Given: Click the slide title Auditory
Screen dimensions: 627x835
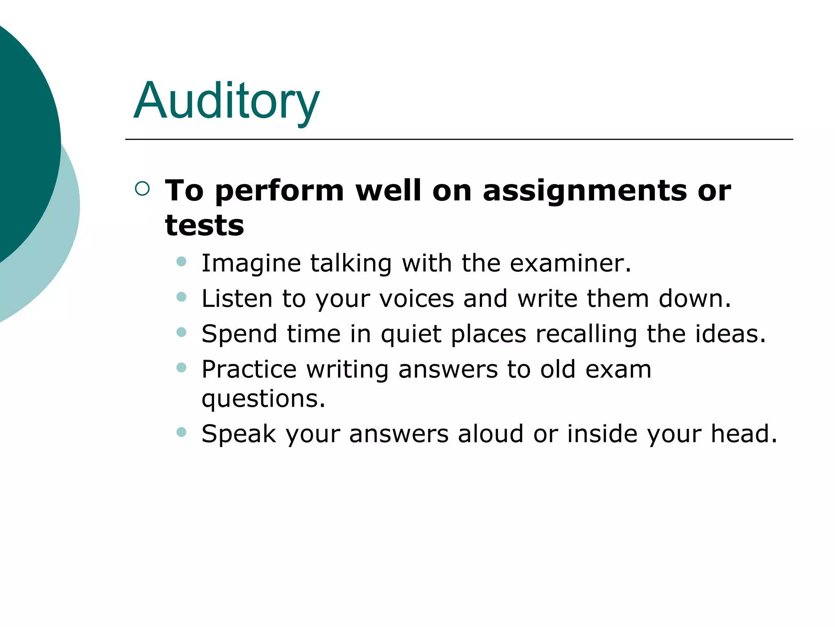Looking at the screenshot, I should [226, 101].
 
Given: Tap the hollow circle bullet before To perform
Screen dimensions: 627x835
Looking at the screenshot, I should [142, 189].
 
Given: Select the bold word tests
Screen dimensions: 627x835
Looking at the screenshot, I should [204, 225].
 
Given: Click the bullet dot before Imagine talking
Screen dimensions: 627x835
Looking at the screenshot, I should [181, 261].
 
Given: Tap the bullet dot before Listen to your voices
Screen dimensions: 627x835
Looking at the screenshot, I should [181, 297].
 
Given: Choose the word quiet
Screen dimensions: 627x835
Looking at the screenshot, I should [411, 334].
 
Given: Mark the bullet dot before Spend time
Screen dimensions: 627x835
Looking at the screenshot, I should [181, 332].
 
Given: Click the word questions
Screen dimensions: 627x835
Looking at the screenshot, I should [263, 399].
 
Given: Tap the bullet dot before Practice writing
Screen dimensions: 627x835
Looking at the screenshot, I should [181, 367].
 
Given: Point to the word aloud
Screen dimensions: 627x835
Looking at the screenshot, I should [490, 434].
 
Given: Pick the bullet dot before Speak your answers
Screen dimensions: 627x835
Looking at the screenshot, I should [181, 431].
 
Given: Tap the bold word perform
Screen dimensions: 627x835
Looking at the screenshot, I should [280, 191].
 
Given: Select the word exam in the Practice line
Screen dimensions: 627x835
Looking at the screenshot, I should [618, 369].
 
